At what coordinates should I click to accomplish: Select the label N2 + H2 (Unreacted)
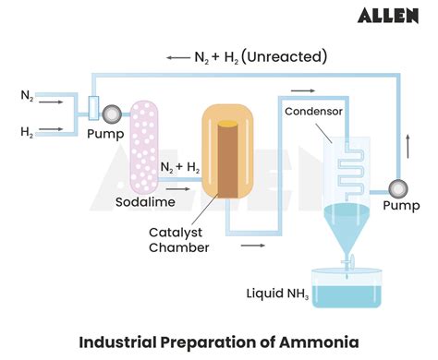pos(261,56)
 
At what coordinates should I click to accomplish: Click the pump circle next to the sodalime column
pos(111,114)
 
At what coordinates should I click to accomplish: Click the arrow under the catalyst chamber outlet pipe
pos(251,246)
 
